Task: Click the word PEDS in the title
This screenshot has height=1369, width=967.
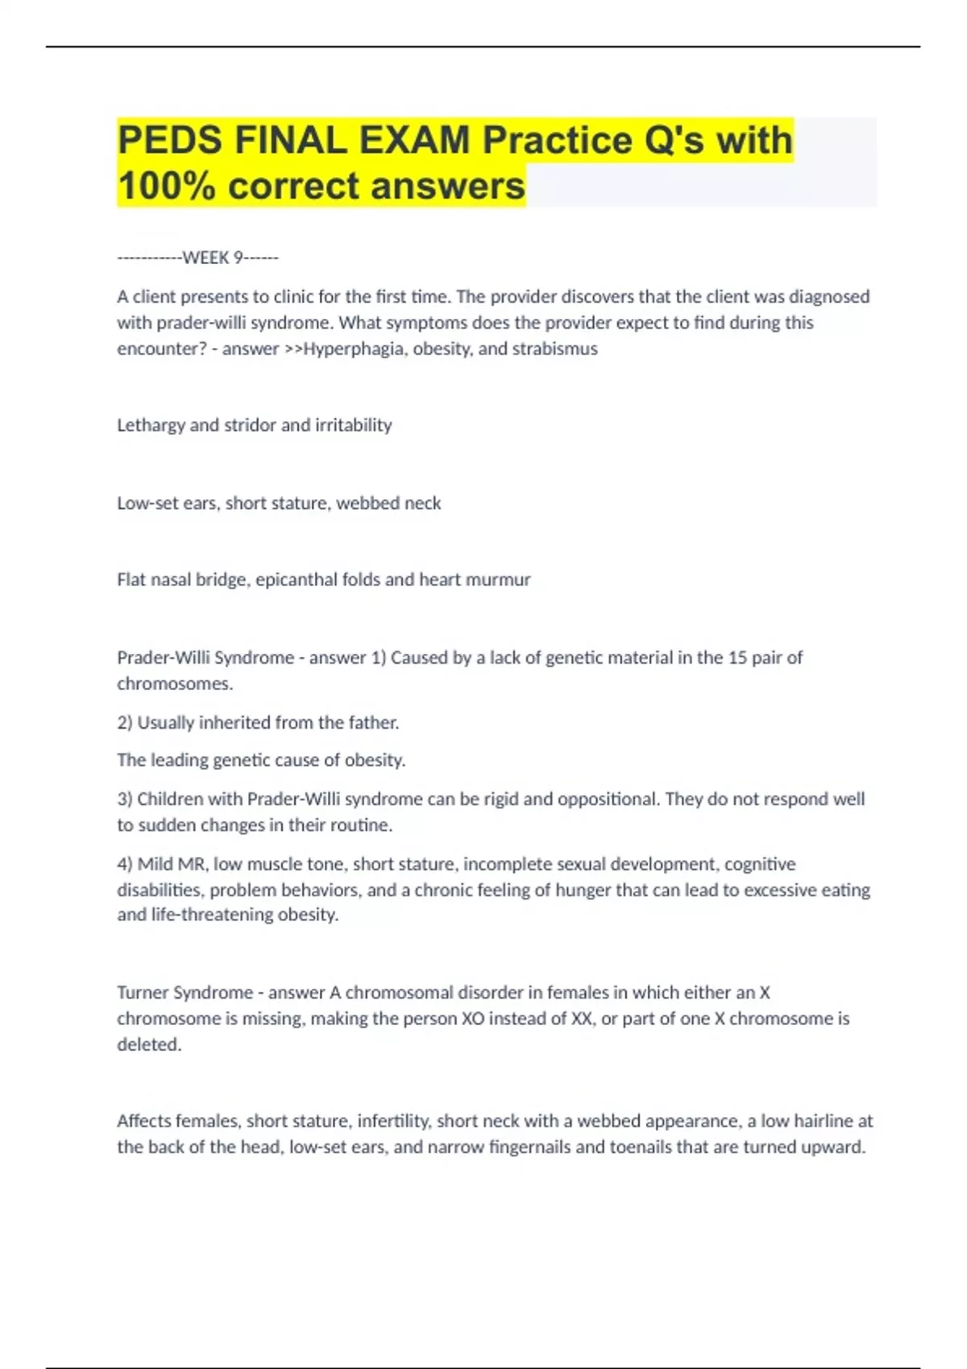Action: coord(169,141)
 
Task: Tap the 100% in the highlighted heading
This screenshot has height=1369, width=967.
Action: coord(166,186)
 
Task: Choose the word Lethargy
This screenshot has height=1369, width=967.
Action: coord(151,425)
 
